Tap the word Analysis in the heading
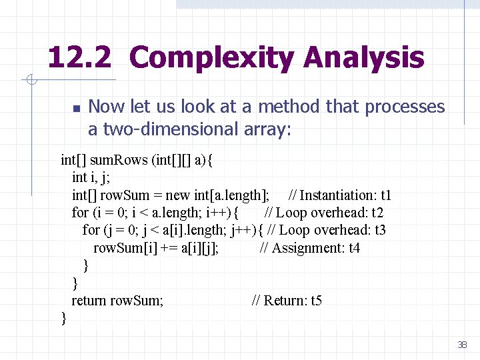pos(363,58)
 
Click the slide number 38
pos(462,345)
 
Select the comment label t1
pos(385,195)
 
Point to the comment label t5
pos(316,301)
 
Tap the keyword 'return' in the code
pos(89,301)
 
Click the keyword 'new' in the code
pos(177,195)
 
